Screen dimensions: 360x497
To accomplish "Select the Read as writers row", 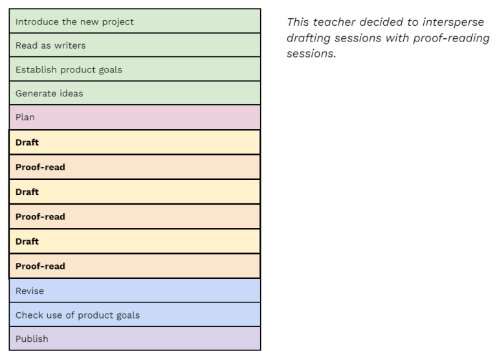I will pos(135,45).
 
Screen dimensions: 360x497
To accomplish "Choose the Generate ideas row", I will pos(135,93).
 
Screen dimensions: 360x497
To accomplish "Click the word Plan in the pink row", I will pos(25,117).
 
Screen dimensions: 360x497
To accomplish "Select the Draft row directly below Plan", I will pos(135,142).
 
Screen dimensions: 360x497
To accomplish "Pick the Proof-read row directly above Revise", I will pos(135,266).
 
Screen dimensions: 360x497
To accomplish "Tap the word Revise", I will pos(30,291).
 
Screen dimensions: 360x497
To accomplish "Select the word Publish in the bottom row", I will pos(32,339).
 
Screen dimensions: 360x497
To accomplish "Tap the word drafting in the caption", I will pos(307,38).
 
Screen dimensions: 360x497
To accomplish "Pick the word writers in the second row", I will pos(69,45).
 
